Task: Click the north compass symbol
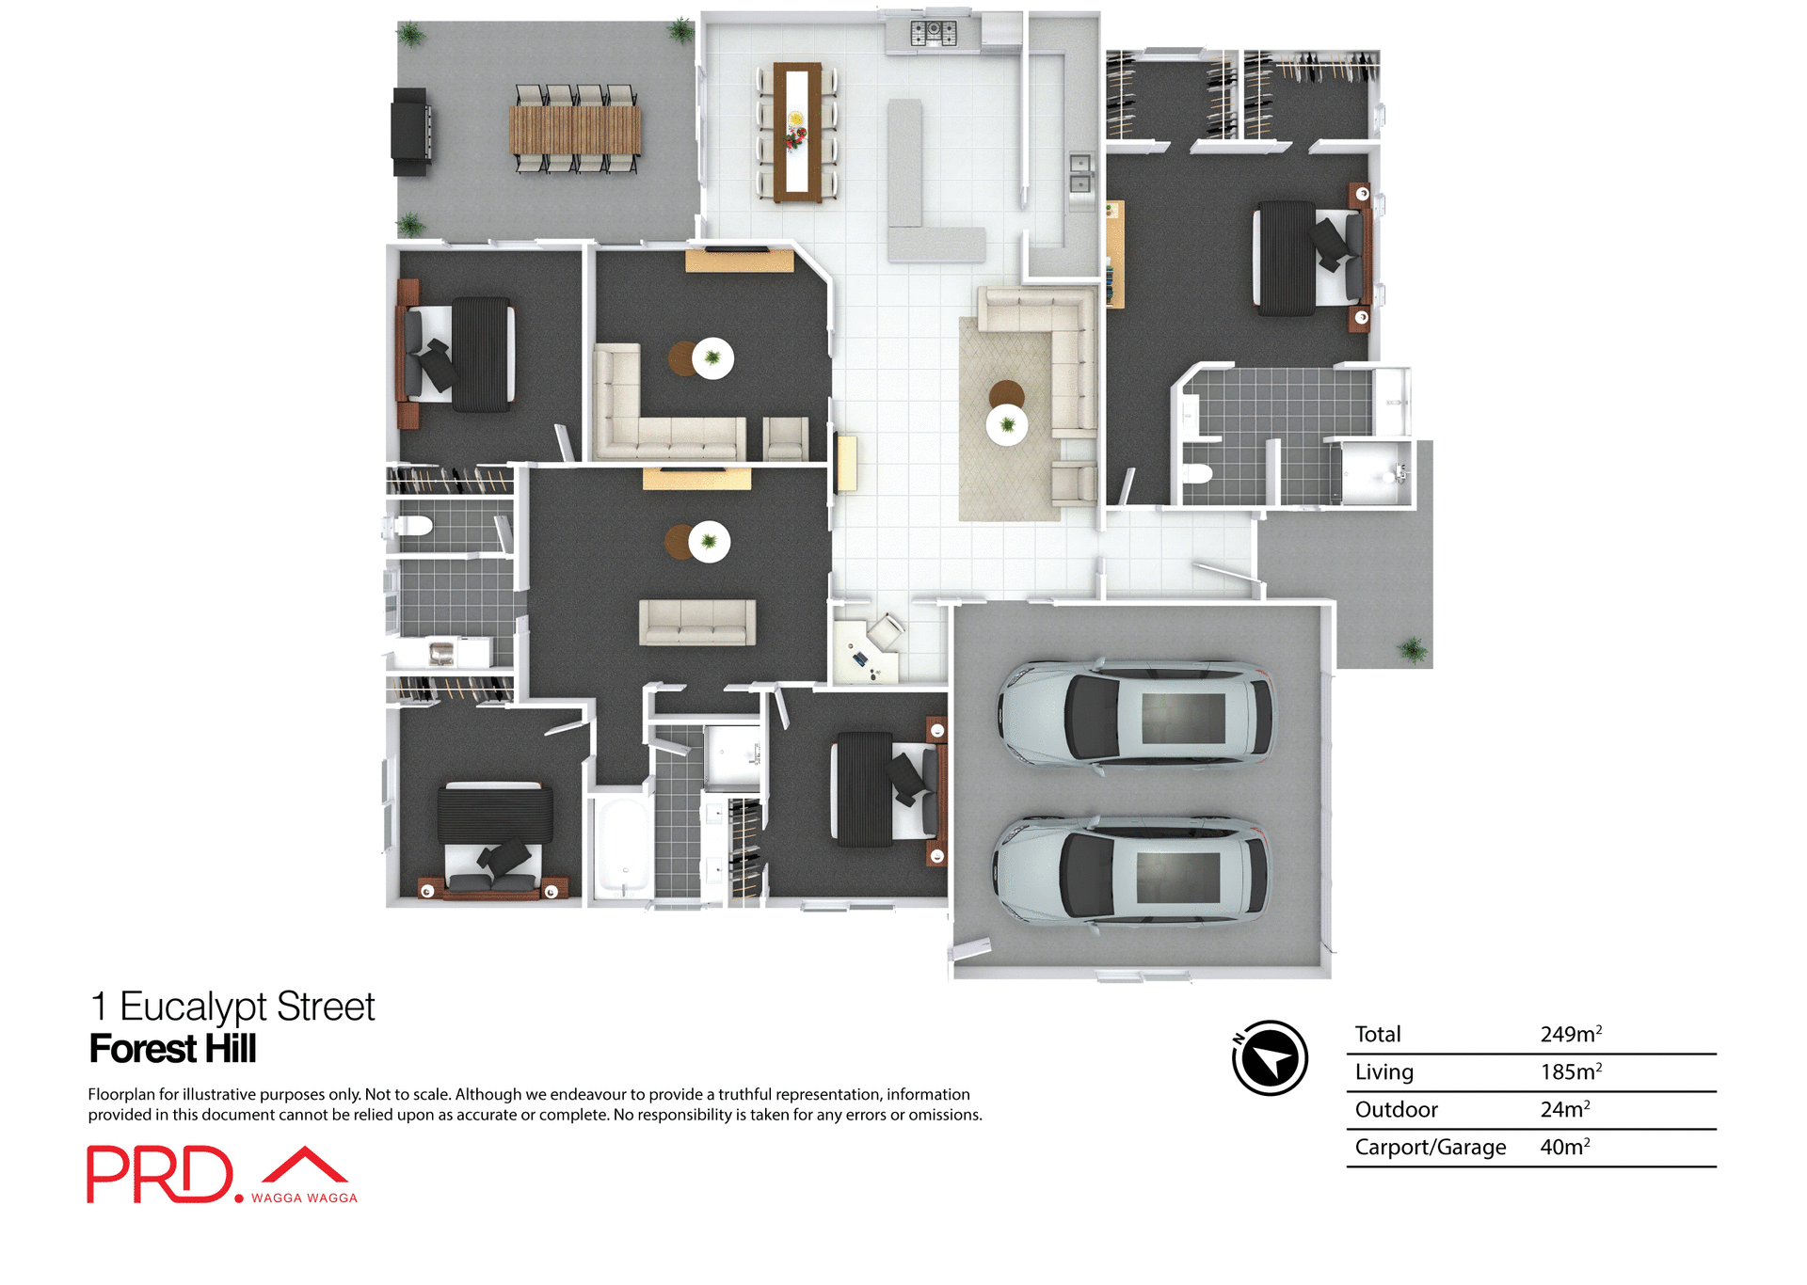(x=1270, y=1057)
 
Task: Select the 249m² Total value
(x=1570, y=1034)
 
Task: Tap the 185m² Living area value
(x=1570, y=1071)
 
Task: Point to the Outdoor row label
(x=1396, y=1110)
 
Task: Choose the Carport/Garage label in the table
(x=1430, y=1148)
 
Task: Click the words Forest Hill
(x=172, y=1049)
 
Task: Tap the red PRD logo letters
(x=159, y=1174)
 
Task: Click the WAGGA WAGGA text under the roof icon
(x=304, y=1198)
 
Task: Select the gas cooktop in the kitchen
(x=933, y=34)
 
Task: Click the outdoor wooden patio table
(x=575, y=130)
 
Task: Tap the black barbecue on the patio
(x=411, y=132)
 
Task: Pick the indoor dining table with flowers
(x=797, y=131)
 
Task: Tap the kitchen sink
(x=1079, y=173)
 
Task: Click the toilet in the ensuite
(x=1196, y=473)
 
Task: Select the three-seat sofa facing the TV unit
(x=697, y=622)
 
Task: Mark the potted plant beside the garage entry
(x=1412, y=648)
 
